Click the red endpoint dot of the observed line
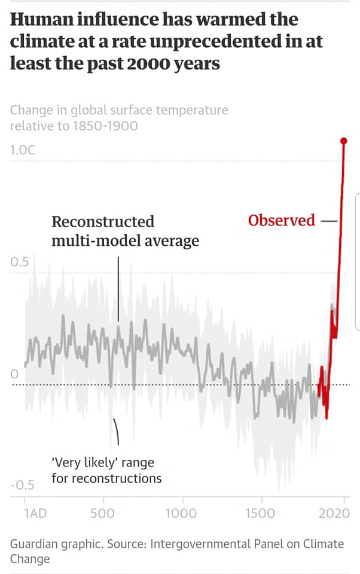click(344, 141)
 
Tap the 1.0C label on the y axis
click(23, 149)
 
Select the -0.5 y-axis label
click(23, 485)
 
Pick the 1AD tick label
click(36, 513)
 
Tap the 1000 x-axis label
click(181, 513)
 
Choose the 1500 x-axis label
click(260, 513)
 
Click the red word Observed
click(281, 220)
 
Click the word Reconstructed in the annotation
click(103, 222)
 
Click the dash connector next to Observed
click(329, 221)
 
